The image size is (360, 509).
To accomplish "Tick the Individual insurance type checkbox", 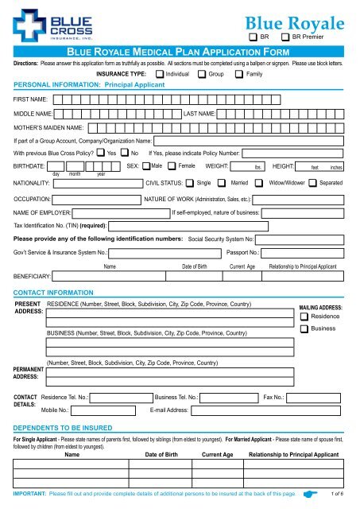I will pos(161,73).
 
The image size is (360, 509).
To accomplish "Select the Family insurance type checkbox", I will pos(241,73).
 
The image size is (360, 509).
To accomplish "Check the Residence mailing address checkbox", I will pos(304,317).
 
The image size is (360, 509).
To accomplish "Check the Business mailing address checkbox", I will pos(304,329).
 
